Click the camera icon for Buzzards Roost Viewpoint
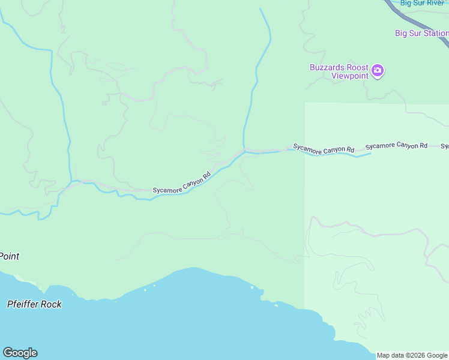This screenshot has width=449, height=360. point(378,71)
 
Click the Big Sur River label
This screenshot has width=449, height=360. point(422,3)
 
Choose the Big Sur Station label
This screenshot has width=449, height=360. point(421,34)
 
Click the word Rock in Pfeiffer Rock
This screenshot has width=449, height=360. point(51,304)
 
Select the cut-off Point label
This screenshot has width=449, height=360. point(9,256)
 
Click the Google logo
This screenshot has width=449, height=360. point(20,353)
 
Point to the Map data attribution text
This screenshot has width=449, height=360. point(412,355)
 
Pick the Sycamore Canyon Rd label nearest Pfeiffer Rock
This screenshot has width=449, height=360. point(182,183)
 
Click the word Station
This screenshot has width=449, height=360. point(435,34)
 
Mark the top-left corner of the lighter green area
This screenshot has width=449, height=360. point(306,103)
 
